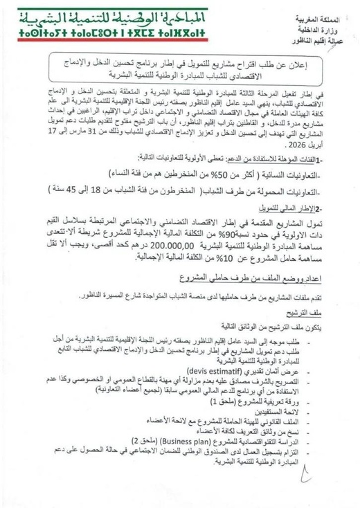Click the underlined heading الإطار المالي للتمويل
[285, 208]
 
